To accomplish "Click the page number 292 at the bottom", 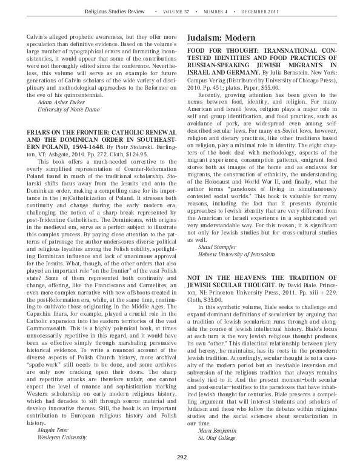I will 181,456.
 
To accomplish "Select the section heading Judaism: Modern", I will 221,38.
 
